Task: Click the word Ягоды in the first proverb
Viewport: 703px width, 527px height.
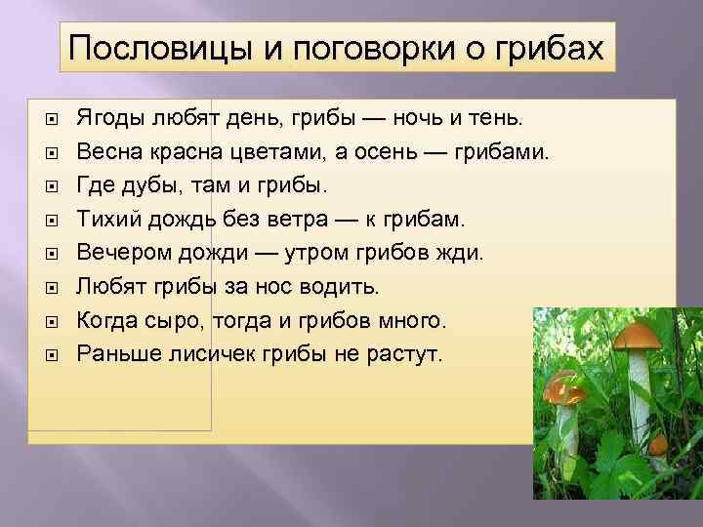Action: tap(111, 118)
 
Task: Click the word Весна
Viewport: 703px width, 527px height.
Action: tap(109, 152)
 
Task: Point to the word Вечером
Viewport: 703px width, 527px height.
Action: tap(121, 253)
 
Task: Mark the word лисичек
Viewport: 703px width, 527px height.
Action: tap(213, 353)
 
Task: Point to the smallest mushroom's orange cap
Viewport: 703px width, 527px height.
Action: tap(659, 444)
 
